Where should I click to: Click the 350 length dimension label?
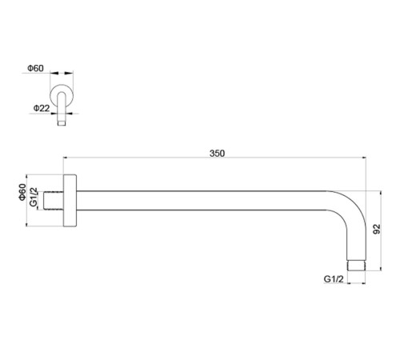coord(217,154)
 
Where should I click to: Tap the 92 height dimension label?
coord(377,229)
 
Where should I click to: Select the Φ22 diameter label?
coord(42,108)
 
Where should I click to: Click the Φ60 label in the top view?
coord(35,68)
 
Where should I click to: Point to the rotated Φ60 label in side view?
coord(22,192)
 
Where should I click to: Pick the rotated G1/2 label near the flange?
coord(34,197)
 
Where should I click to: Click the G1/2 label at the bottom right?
coord(334,279)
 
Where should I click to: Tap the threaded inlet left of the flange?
coord(54,201)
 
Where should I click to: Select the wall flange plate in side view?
coord(70,201)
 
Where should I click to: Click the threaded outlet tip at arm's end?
coord(357,266)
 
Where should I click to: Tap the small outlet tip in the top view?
coord(62,123)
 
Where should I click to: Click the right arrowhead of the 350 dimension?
coord(364,158)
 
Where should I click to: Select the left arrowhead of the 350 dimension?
coord(66,158)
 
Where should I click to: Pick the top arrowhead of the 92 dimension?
coord(381,194)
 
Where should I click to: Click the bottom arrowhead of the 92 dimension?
coord(381,268)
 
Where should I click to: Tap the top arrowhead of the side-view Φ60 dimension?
coord(26,177)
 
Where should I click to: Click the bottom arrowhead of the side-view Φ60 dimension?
coord(26,224)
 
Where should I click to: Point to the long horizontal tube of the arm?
coord(202,201)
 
